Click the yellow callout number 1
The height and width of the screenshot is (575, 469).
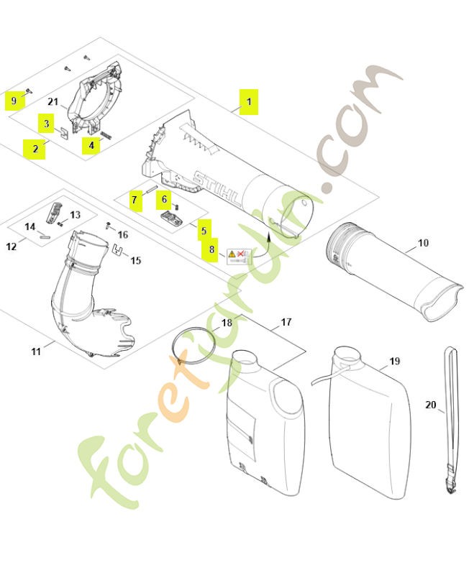coord(248,102)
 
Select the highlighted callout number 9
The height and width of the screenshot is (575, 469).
coord(14,100)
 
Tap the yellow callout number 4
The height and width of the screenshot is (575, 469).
coord(91,144)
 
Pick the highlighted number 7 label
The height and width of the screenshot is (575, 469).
coord(135,199)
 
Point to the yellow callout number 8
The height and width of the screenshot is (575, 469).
coord(211,250)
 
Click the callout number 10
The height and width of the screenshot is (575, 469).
coord(423,243)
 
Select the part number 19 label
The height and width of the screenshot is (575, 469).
coord(394,361)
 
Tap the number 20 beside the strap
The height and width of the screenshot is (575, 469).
coord(431,405)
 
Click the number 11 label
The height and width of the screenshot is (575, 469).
coord(36,351)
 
